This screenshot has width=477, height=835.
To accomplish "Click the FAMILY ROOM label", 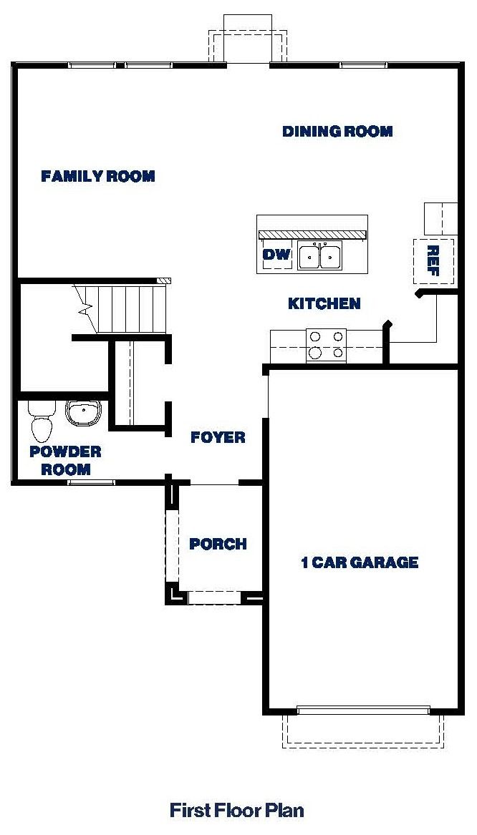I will [98, 176].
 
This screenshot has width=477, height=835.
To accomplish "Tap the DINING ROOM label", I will [337, 132].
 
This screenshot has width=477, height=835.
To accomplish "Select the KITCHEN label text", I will [324, 304].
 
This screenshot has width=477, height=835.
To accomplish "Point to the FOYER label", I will [218, 437].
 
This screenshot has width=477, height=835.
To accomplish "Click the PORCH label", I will [218, 545].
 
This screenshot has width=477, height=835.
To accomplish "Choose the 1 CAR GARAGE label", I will [359, 562].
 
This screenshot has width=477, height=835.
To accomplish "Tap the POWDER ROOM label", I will [65, 461].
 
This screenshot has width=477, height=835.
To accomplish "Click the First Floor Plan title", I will [236, 810].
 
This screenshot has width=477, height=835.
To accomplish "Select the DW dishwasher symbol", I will [275, 255].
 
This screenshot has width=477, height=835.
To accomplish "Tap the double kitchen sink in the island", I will [320, 255].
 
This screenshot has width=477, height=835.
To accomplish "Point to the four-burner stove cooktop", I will [326, 344].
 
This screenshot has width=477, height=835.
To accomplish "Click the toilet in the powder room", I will [42, 421].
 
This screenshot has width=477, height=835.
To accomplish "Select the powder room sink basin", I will [84, 413].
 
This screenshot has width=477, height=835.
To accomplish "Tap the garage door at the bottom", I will [363, 711].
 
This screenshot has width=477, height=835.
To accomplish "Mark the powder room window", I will [91, 483].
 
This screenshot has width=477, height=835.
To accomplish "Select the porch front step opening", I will [214, 597].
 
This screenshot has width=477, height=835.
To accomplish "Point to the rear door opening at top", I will [248, 65].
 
